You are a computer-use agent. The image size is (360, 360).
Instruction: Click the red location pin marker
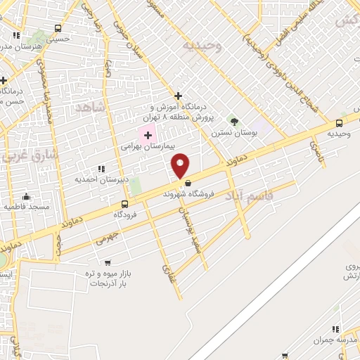[181, 166]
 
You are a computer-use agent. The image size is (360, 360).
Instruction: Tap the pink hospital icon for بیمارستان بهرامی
[147, 134]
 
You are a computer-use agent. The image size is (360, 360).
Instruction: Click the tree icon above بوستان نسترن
[234, 122]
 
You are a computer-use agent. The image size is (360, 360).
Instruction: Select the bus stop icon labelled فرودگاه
[125, 204]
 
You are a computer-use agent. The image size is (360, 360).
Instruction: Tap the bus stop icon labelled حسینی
[57, 29]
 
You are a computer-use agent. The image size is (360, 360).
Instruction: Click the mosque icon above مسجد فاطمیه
[27, 196]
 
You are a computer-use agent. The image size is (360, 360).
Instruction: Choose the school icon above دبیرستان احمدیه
[102, 169]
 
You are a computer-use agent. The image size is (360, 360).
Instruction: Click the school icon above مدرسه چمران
[335, 329]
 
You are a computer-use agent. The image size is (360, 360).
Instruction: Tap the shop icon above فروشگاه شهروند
[188, 184]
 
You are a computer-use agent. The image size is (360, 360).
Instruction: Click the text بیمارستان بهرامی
[122, 146]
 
